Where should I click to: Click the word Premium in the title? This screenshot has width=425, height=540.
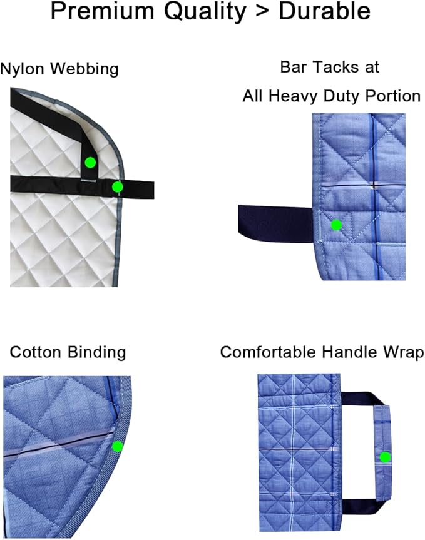[x=103, y=11]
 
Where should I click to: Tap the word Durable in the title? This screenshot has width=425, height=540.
[x=324, y=11]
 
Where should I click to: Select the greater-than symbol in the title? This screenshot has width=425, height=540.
[x=262, y=13]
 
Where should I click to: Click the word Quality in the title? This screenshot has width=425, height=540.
[x=205, y=12]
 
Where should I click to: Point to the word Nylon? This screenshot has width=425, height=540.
[x=23, y=69]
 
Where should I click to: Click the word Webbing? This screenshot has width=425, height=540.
[x=84, y=69]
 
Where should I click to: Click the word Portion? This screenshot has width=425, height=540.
[x=393, y=96]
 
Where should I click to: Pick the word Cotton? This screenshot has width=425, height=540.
[x=36, y=352]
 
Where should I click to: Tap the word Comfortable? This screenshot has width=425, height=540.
[x=268, y=352]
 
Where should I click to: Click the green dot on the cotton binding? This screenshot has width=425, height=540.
[x=118, y=447]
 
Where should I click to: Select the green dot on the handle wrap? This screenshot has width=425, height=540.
[x=385, y=457]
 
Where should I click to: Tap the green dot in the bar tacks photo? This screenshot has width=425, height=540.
[x=336, y=225]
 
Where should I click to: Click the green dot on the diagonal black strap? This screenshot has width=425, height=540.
[x=90, y=163]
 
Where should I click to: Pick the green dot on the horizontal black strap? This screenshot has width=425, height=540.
[x=118, y=187]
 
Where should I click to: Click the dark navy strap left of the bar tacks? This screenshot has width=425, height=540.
[x=275, y=224]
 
